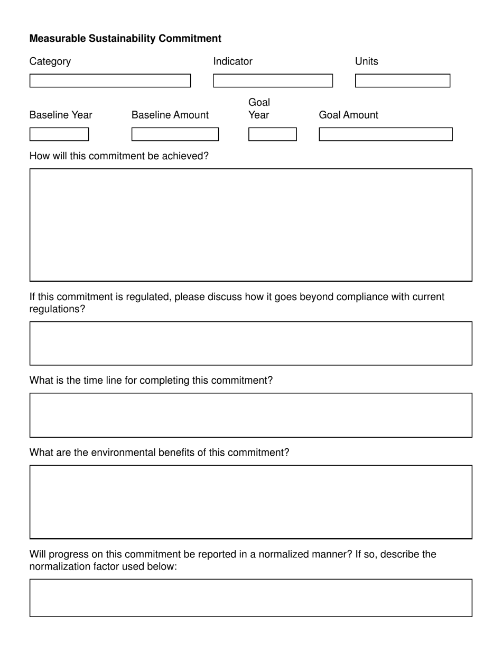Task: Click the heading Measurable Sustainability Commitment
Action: pyautogui.click(x=125, y=39)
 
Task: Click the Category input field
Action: pyautogui.click(x=110, y=80)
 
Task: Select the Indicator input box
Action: pyautogui.click(x=273, y=80)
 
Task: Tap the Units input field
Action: pyautogui.click(x=402, y=80)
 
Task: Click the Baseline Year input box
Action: pyautogui.click(x=59, y=134)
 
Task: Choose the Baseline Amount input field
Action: pyautogui.click(x=175, y=134)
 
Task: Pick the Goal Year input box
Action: pyautogui.click(x=273, y=134)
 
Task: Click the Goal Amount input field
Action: pyautogui.click(x=385, y=134)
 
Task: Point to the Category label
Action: pyautogui.click(x=50, y=61)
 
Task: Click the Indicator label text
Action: pyautogui.click(x=233, y=61)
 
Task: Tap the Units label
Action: pyautogui.click(x=366, y=61)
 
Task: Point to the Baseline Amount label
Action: pyautogui.click(x=170, y=115)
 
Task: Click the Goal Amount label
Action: pyautogui.click(x=348, y=115)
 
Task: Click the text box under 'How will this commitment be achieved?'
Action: pyautogui.click(x=250, y=225)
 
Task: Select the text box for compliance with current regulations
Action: pyautogui.click(x=250, y=343)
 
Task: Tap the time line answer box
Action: pyautogui.click(x=250, y=415)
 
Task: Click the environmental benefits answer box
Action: pyautogui.click(x=250, y=502)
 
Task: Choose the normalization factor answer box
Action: pyautogui.click(x=250, y=598)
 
